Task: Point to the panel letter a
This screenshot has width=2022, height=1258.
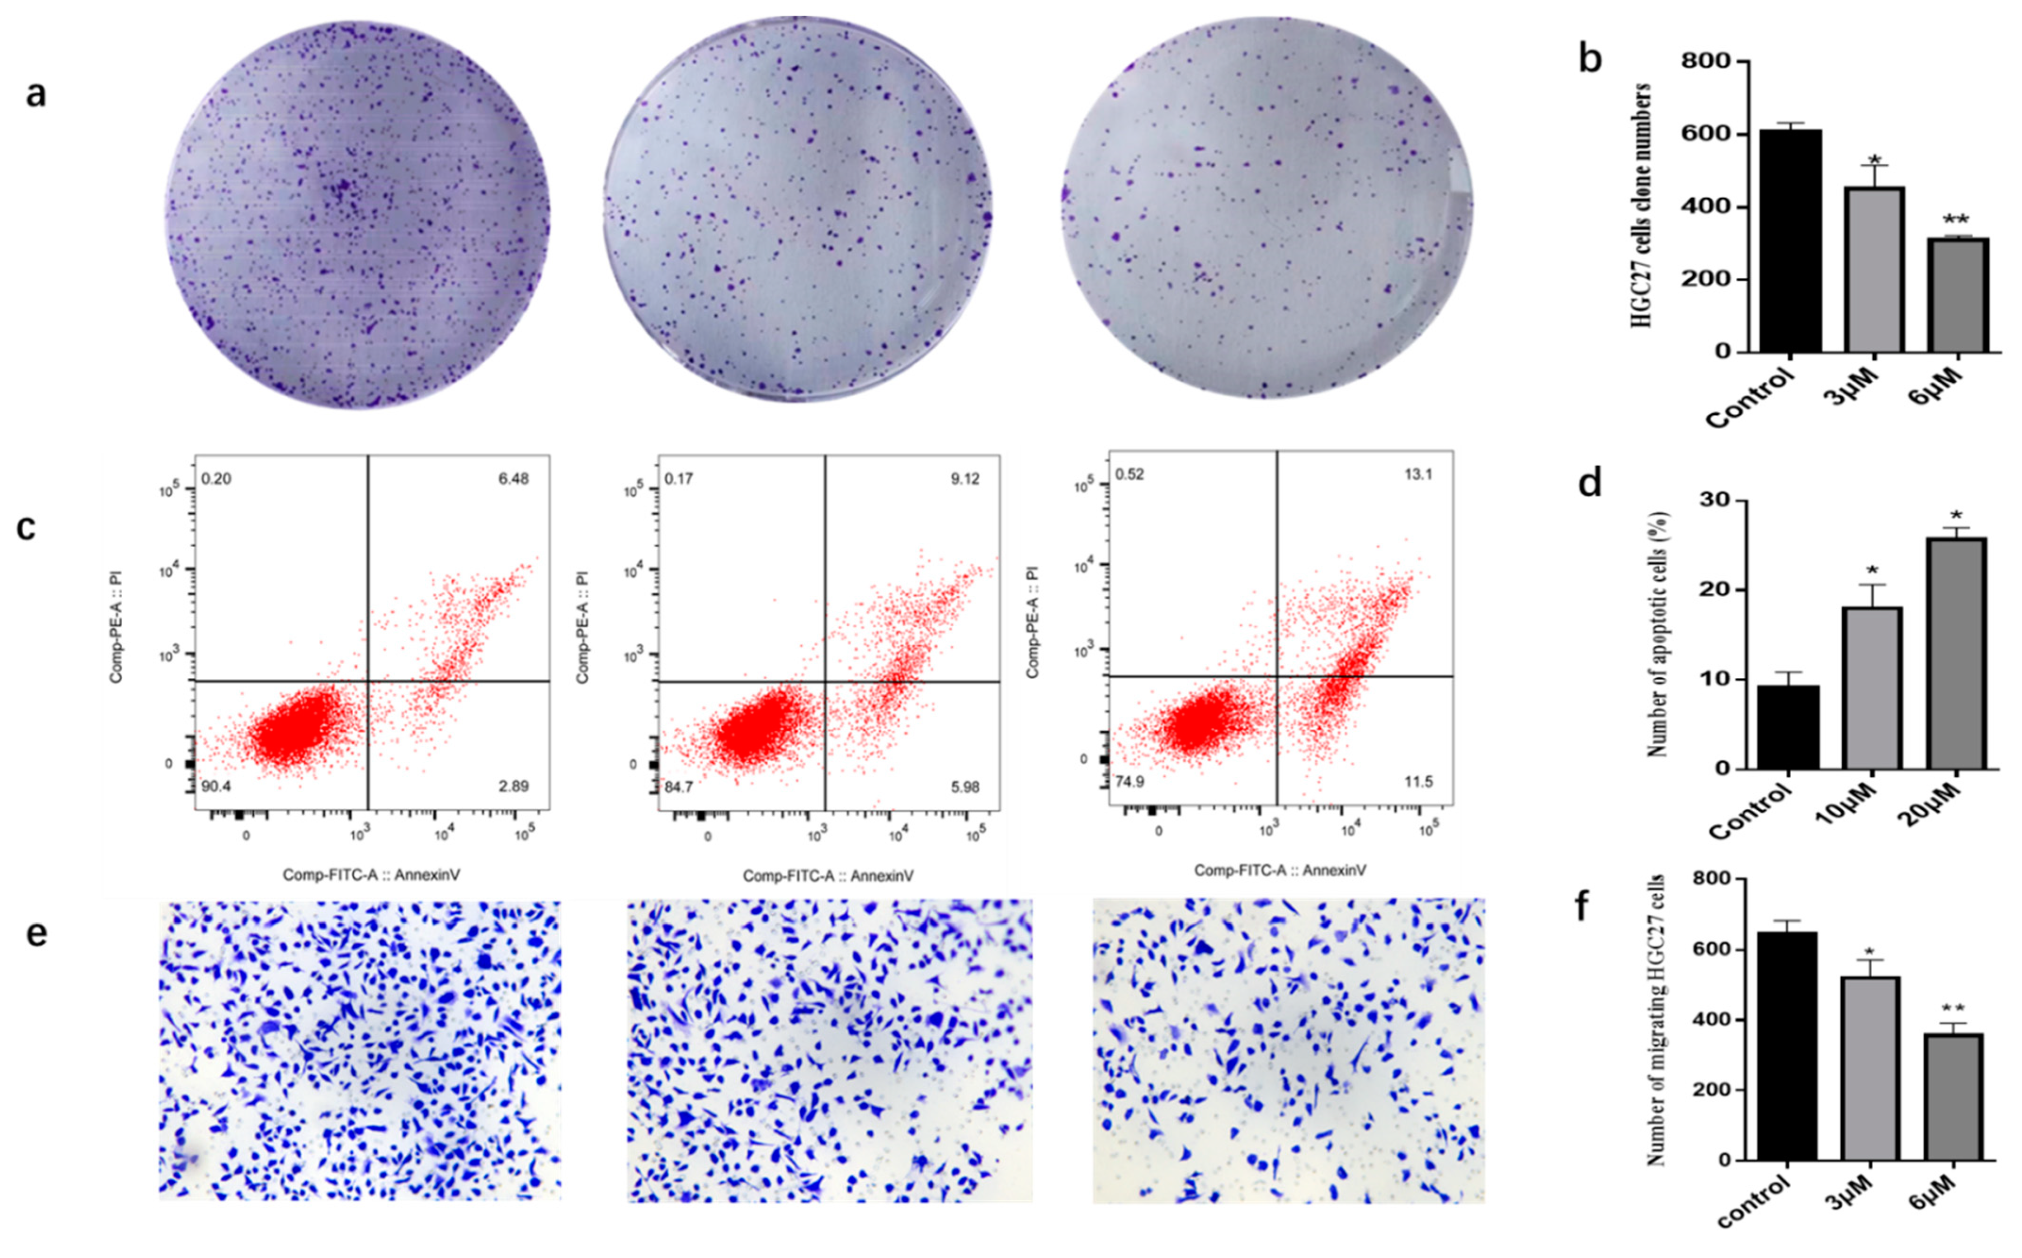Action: click(x=36, y=93)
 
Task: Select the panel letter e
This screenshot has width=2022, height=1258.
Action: click(x=36, y=934)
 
